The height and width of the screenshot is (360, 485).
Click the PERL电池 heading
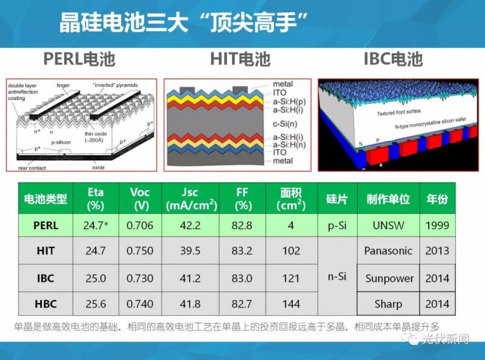[79, 59]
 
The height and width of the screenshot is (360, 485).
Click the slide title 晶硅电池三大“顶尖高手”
[184, 25]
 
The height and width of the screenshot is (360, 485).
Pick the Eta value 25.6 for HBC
[96, 304]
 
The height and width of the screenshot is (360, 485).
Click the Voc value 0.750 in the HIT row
[140, 251]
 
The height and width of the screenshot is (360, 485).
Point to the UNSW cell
[388, 225]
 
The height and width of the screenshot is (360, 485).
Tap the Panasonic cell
[388, 250]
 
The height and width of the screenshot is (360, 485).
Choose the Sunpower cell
[389, 279]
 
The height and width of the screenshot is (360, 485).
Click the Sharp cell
[388, 304]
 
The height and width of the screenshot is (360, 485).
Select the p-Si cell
[336, 225]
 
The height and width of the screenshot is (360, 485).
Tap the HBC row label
[45, 304]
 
